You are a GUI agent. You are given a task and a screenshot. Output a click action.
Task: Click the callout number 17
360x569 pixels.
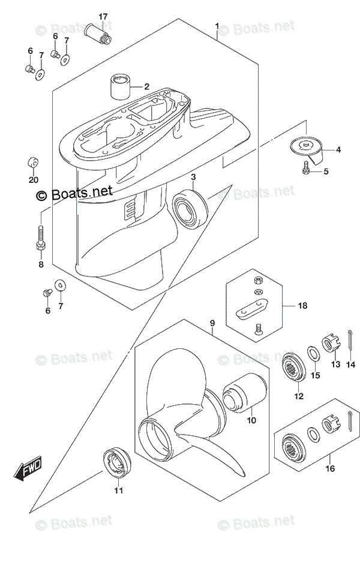point(103,16)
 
